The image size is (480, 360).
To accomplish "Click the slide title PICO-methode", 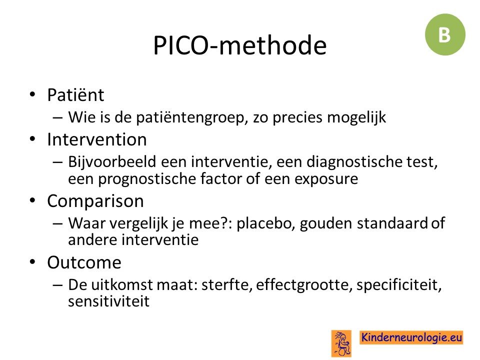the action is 240,45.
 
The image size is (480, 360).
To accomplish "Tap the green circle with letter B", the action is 445,34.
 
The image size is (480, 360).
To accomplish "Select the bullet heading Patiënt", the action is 75,95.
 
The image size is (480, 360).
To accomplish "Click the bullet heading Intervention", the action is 97,139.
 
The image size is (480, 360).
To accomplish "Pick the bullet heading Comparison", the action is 95,201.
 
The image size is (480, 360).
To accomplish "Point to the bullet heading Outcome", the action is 84,262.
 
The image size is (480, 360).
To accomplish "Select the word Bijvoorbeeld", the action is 112,162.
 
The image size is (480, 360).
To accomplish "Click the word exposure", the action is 326,179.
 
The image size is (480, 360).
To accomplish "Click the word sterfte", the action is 227,284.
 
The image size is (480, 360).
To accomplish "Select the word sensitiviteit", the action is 108,301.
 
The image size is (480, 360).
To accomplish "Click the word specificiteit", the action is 399,285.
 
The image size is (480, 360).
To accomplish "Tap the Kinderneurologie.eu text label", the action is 411,337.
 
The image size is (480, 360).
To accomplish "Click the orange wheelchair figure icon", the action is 341,343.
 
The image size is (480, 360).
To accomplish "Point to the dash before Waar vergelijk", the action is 57,223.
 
